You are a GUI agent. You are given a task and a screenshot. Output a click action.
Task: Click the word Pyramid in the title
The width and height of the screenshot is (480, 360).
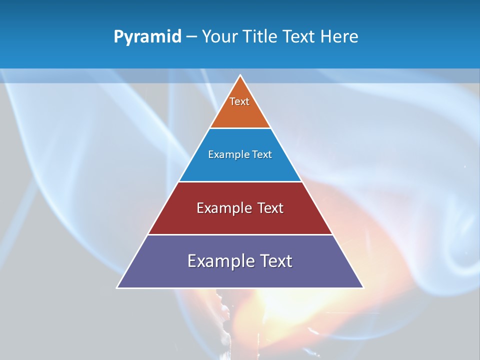pos(147,37)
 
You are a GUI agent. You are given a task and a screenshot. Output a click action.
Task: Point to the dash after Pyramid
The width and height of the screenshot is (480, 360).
pos(191,37)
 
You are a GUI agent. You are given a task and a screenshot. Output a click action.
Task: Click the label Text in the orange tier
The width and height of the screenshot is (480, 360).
pos(239,101)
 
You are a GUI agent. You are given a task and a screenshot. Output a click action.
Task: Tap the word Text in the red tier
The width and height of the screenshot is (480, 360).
pos(270,208)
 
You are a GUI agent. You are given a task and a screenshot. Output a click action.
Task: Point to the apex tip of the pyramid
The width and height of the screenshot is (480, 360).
pos(240,76)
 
